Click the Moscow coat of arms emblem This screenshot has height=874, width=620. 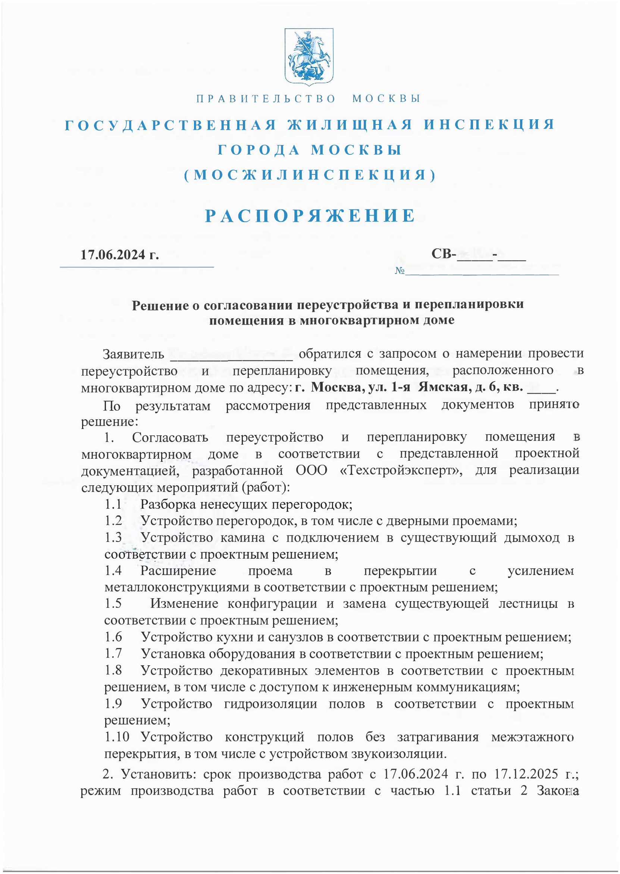pos(309,56)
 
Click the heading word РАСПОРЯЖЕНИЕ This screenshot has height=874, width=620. pos(310,216)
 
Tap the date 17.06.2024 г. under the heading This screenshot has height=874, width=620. pos(119,255)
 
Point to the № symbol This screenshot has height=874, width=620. pos(399,271)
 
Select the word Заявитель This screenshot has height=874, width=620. pos(133,354)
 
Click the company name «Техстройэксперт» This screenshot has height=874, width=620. pos(401,470)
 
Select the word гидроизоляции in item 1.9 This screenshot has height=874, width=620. pos(270,704)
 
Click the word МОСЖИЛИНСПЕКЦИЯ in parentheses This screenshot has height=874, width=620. pos(310,175)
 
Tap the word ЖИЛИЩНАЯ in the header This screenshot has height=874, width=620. pos(350,125)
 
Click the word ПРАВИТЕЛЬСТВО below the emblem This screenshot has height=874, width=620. pos(266,99)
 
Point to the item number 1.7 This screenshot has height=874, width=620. pos(113,653)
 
